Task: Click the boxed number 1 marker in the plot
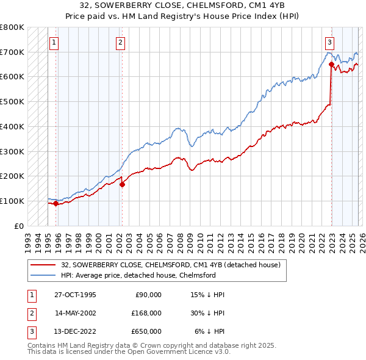(x=54, y=43)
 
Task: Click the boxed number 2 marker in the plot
(x=121, y=43)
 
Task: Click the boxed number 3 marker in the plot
(x=329, y=43)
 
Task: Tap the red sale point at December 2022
(x=331, y=64)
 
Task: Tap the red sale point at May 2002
(x=122, y=184)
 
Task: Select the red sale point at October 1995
(x=56, y=204)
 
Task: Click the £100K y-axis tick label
(x=12, y=201)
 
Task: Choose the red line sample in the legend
(x=43, y=265)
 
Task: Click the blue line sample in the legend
(x=43, y=275)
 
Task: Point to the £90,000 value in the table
(x=147, y=294)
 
